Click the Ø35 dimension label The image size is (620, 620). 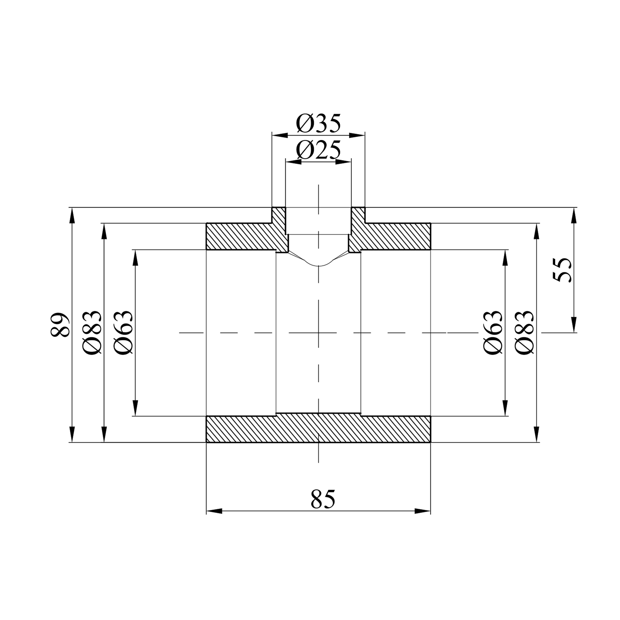tap(318, 124)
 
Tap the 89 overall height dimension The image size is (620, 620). tap(60, 325)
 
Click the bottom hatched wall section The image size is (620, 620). tap(318, 428)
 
